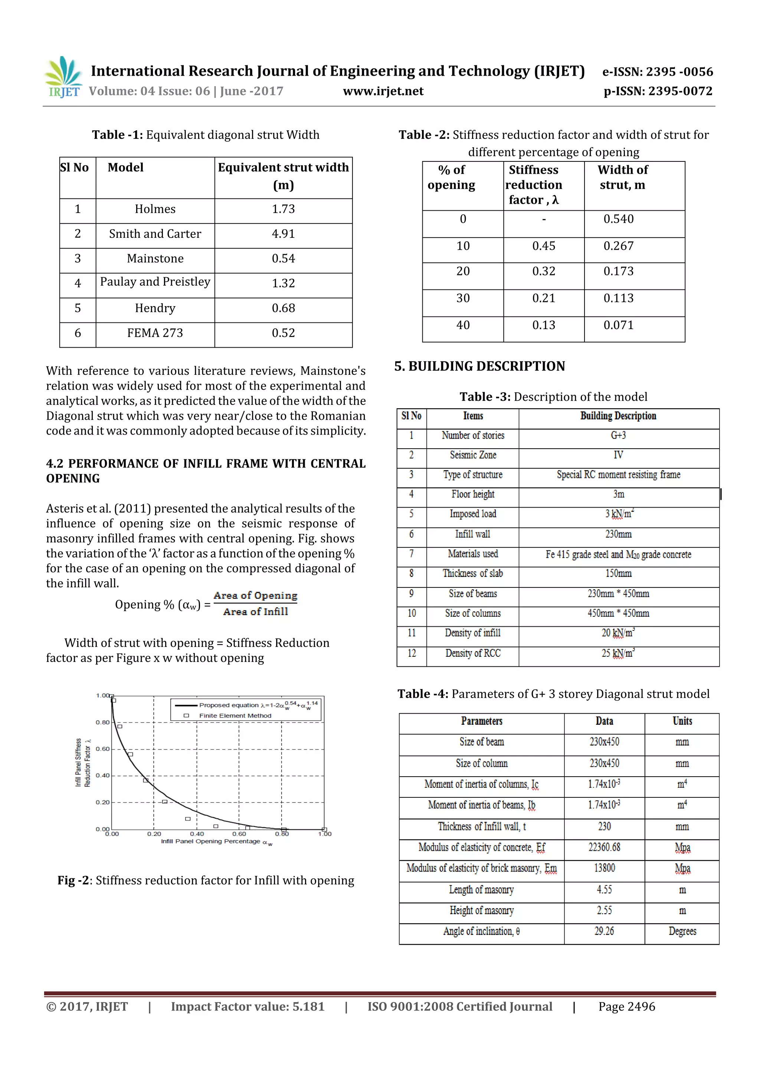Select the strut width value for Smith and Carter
pyautogui.click(x=283, y=234)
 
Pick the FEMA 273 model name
pyautogui.click(x=155, y=333)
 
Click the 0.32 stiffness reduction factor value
pyautogui.click(x=543, y=271)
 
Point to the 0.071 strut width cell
pyautogui.click(x=618, y=325)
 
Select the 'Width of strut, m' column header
pyautogui.click(x=622, y=177)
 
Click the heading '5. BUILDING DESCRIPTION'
pyautogui.click(x=479, y=366)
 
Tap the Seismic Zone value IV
pyautogui.click(x=618, y=455)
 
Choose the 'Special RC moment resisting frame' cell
pyautogui.click(x=618, y=475)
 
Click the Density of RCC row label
pyautogui.click(x=472, y=653)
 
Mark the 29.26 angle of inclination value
pyautogui.click(x=604, y=931)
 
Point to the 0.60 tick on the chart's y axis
pyautogui.click(x=102, y=749)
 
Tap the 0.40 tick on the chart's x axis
pyautogui.click(x=197, y=834)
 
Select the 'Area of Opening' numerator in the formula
pyautogui.click(x=255, y=596)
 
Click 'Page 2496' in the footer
pyautogui.click(x=626, y=1007)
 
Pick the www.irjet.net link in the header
pyautogui.click(x=383, y=91)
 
